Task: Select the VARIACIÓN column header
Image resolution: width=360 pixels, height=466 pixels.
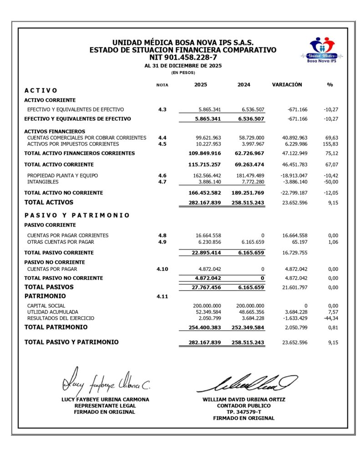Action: tap(287, 85)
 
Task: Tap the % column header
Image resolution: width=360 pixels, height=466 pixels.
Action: tap(330, 85)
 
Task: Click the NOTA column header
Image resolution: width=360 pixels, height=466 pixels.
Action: tap(162, 85)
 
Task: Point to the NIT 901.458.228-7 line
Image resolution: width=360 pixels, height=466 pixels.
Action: tap(183, 57)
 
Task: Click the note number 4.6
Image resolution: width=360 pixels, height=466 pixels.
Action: tap(162, 175)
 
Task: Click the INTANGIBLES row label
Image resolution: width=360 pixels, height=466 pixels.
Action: tap(42, 182)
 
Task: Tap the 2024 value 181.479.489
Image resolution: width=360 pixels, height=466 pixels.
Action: tap(248, 175)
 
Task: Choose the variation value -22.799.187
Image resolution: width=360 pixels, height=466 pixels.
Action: tap(290, 193)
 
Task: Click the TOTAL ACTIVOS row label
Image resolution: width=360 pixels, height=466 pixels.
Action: tap(49, 202)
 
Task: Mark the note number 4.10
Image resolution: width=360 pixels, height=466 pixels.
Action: tap(162, 269)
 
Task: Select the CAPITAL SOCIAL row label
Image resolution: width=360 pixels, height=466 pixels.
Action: tap(46, 305)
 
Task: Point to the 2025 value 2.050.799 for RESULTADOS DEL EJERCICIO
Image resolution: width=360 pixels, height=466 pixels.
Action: tap(207, 318)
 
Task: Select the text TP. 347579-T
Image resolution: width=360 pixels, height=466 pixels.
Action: tap(243, 412)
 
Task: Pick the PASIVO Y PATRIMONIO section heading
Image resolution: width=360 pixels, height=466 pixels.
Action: tap(77, 215)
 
